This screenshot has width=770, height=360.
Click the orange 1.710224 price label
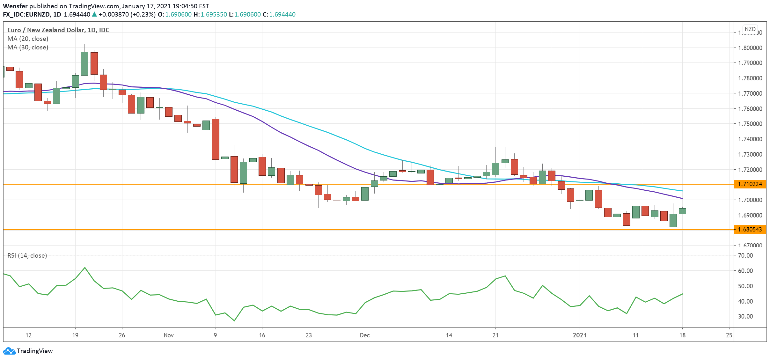click(750, 184)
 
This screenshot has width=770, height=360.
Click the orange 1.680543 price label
click(750, 229)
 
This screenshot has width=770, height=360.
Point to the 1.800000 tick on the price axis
click(750, 48)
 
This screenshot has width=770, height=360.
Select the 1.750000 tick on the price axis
click(750, 124)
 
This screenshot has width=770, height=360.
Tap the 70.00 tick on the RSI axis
click(745, 255)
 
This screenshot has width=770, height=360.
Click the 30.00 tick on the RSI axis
click(745, 316)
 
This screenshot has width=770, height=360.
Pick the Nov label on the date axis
click(169, 335)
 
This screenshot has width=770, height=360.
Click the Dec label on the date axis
click(365, 335)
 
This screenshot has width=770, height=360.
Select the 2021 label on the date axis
click(579, 335)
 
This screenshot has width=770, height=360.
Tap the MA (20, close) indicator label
click(28, 39)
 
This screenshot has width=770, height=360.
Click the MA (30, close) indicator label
click(28, 47)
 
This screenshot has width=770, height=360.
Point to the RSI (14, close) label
click(27, 255)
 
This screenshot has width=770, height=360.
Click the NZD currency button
click(750, 29)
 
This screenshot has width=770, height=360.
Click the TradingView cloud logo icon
click(9, 351)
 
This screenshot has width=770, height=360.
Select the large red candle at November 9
click(216, 139)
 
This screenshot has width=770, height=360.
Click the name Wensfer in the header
click(15, 6)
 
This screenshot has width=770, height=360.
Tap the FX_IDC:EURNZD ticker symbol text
click(26, 14)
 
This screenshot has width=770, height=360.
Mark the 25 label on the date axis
click(729, 335)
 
